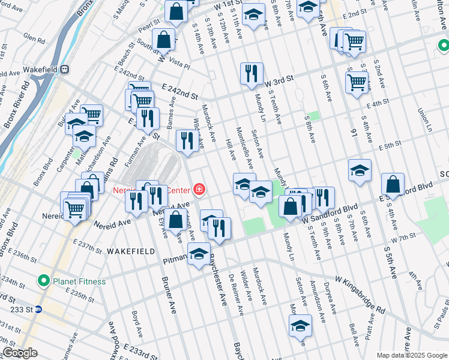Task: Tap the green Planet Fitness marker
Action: pos(43,281)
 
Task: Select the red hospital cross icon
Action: pos(199,190)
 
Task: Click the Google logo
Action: pos(20,352)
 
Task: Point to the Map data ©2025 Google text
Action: pos(412,355)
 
